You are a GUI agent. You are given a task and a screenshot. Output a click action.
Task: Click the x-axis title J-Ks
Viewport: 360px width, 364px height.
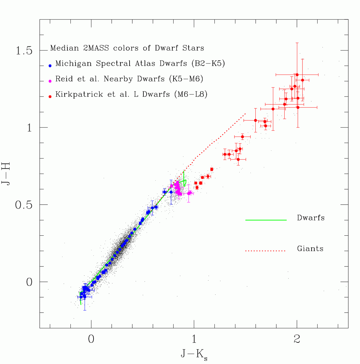coord(194,354)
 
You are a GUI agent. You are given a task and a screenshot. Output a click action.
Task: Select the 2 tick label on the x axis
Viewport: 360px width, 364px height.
coord(297,339)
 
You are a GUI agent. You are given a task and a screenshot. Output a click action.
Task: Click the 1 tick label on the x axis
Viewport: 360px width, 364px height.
coord(194,339)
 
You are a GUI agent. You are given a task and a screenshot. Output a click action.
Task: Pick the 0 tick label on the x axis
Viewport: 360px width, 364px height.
coord(91,339)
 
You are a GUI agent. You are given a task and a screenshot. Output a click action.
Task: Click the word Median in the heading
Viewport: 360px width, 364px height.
coord(62,48)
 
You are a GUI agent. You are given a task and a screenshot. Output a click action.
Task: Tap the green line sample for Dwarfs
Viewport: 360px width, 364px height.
coord(266,220)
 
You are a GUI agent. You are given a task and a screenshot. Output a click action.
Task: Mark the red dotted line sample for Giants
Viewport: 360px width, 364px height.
coord(266,251)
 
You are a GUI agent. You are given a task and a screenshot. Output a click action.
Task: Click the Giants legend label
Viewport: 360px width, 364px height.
coord(310,249)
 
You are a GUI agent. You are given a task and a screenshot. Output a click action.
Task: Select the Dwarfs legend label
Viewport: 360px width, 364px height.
coord(311,218)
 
